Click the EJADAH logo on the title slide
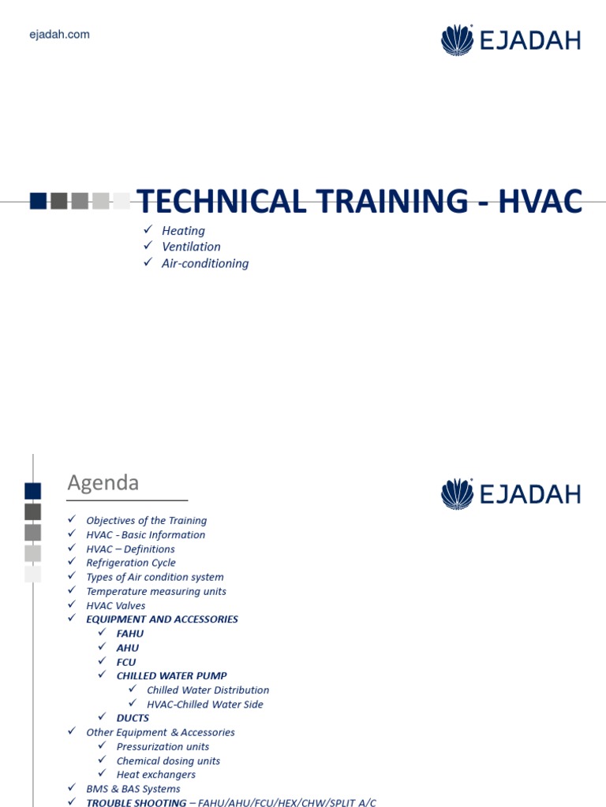tap(511, 40)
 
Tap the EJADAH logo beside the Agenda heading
tap(511, 494)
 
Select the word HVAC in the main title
tap(541, 202)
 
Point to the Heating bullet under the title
tap(183, 231)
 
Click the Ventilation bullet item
tap(191, 247)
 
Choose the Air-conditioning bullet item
tap(205, 263)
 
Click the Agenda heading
tap(103, 482)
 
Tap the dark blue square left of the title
tap(38, 201)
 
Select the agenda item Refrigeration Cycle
tap(131, 563)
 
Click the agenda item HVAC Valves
tap(116, 605)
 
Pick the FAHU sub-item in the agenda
tap(130, 634)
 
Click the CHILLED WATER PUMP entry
tap(171, 675)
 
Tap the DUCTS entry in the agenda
tap(133, 718)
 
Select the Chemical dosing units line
tap(168, 761)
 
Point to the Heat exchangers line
tap(156, 775)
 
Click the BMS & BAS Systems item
tap(133, 789)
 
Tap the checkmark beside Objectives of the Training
tap(72, 520)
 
